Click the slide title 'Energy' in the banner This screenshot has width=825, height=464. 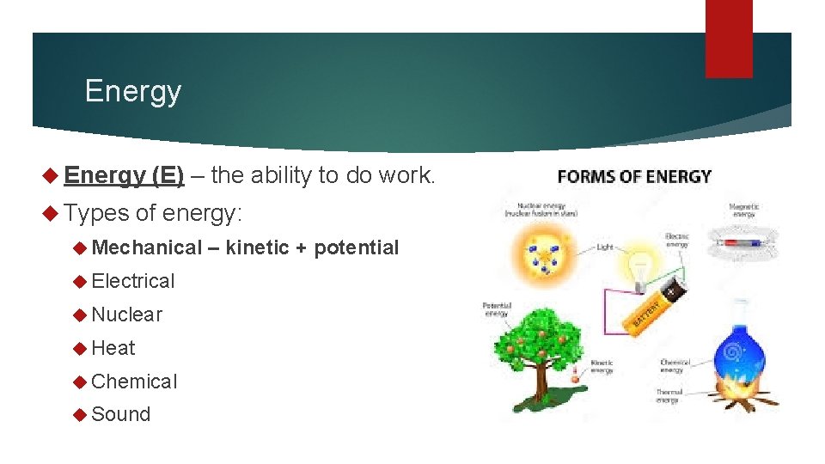133,91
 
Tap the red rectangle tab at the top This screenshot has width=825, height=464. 729,39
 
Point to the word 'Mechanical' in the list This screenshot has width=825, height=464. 145,247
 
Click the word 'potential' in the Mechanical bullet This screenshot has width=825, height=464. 356,247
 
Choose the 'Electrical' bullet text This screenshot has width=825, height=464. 132,281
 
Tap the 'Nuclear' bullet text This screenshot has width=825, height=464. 126,314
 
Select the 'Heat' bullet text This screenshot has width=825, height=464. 113,348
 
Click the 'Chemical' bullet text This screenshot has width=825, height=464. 134,382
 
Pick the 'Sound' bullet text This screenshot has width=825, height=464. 120,414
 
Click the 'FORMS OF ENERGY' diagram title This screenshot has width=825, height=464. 634,177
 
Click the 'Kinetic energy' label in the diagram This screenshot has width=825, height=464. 602,367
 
